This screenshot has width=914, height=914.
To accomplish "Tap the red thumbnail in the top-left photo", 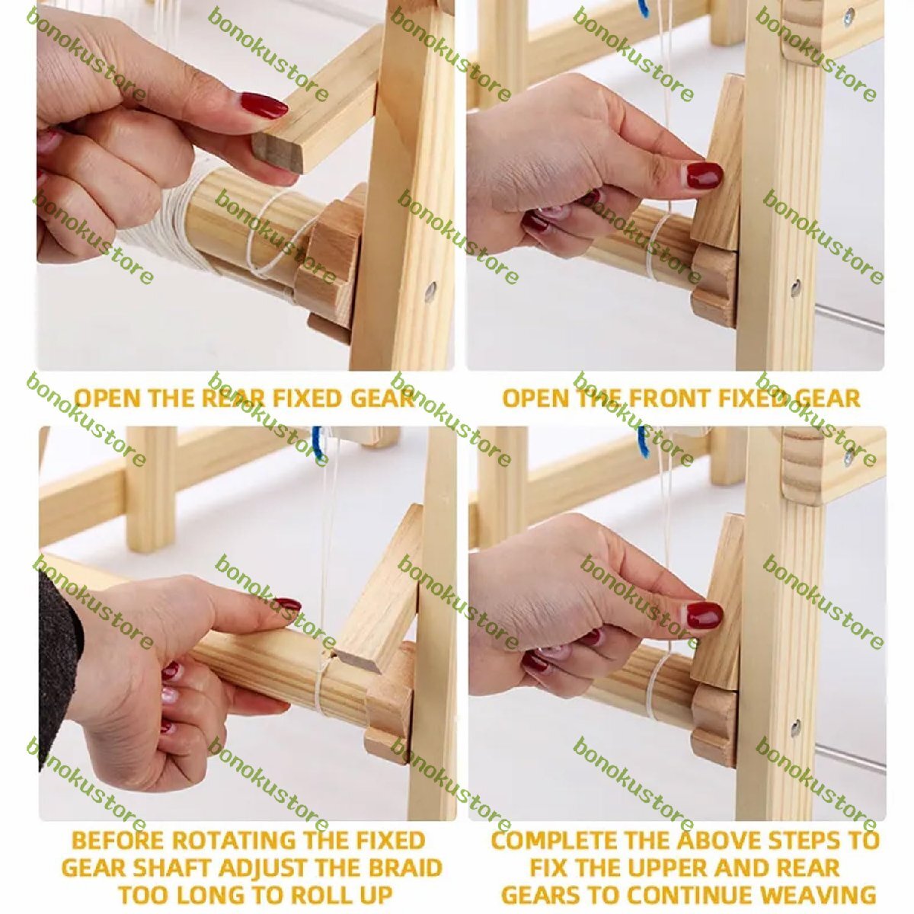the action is click(264, 106).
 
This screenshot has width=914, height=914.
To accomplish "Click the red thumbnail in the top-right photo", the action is click(705, 175).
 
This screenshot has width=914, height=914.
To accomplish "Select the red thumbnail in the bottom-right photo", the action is click(705, 615).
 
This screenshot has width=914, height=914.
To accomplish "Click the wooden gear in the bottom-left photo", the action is click(390, 700).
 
